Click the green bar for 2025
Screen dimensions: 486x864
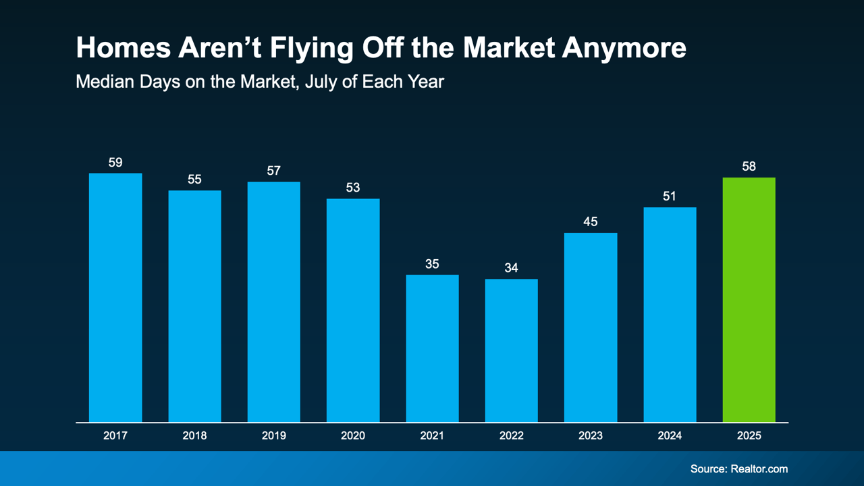[749, 300]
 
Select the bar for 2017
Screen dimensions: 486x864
[115, 298]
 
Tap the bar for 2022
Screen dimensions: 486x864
[511, 350]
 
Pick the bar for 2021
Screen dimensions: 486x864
[432, 348]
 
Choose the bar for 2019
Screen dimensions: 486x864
[273, 302]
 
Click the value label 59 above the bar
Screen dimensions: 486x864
[115, 163]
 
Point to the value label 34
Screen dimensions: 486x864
[511, 268]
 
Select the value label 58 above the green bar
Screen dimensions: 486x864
[749, 166]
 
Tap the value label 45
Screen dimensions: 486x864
[590, 221]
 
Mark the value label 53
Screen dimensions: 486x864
[353, 188]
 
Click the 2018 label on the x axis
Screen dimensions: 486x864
[194, 436]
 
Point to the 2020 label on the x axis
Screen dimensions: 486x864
[353, 436]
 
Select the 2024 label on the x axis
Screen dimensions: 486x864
[670, 436]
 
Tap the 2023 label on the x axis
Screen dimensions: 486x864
[590, 436]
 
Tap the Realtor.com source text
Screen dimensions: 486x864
[759, 468]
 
